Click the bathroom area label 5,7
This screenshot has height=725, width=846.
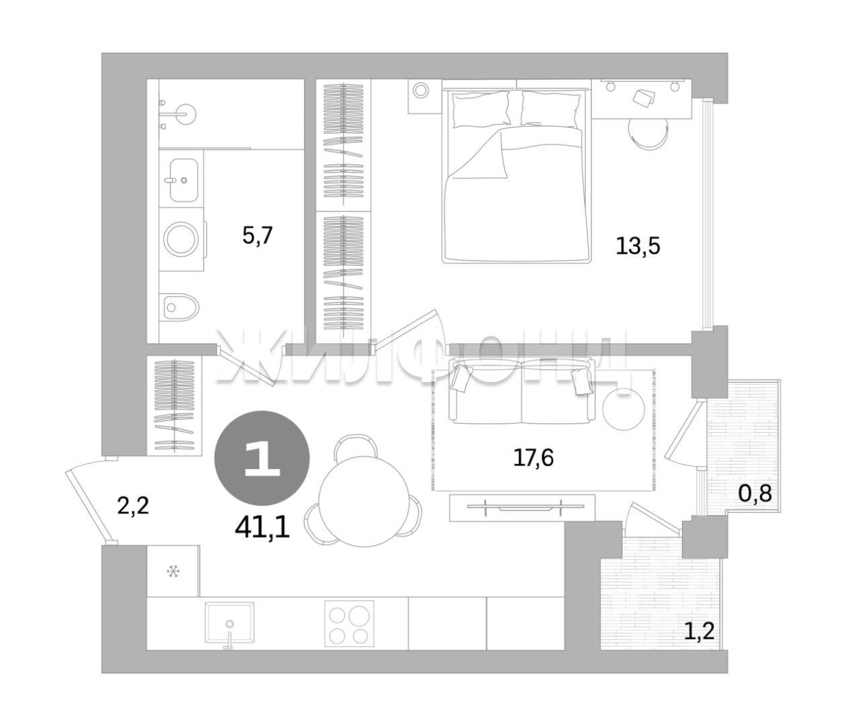pos(257,236)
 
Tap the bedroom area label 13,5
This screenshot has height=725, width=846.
pos(638,246)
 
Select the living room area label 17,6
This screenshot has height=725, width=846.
pos(533,458)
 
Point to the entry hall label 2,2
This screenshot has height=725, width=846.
pos(133,505)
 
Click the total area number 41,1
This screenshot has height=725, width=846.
pos(263,528)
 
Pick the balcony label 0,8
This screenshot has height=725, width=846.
pos(755,493)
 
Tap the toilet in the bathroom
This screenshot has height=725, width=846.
pos(181,307)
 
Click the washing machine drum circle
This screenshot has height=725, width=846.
pos(181,240)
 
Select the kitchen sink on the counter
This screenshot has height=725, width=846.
pos(229,622)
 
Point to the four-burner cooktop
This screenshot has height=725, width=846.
pos(349,623)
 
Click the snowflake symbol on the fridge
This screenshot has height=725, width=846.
pos(173,571)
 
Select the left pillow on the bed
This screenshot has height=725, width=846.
pos(481,109)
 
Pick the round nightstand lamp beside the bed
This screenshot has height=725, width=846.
pos(420,90)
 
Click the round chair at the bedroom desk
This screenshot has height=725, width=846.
pos(649,132)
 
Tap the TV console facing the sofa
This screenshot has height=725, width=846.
pos(522,507)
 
